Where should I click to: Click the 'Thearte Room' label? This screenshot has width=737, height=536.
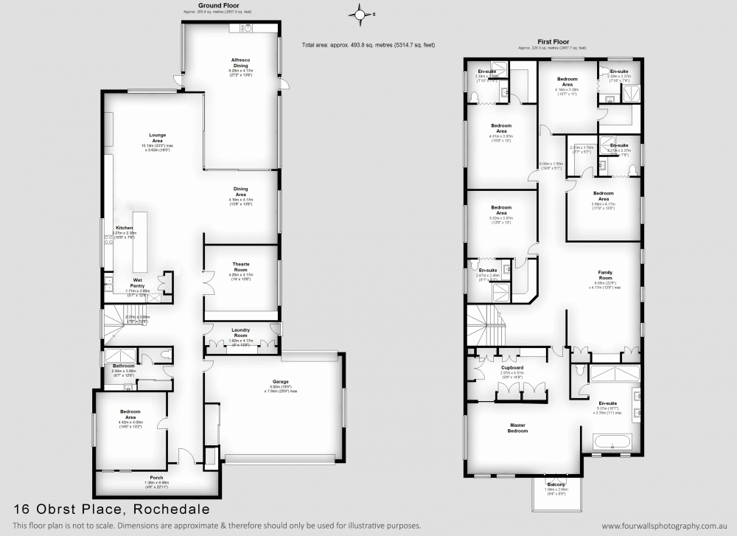[x=241, y=266]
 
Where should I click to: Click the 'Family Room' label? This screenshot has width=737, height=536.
[x=605, y=274]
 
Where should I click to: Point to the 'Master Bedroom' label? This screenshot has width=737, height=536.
[x=517, y=428]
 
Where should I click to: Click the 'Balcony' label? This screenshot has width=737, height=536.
[x=556, y=484]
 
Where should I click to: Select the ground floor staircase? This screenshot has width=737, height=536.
[x=116, y=321]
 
